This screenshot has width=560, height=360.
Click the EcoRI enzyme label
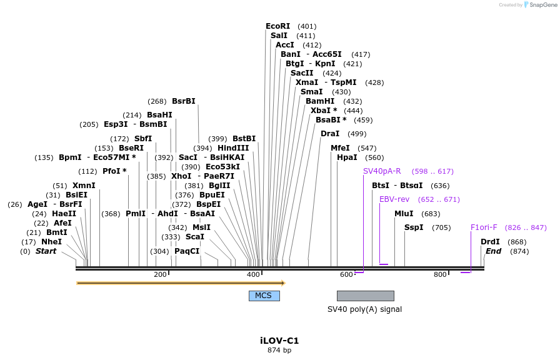coord(277,26)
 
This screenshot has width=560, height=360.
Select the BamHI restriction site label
coord(319,101)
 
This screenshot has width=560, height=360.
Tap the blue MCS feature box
coord(264,296)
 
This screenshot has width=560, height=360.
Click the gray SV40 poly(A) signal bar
coord(365,296)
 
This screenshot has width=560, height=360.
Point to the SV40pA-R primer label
coord(382,171)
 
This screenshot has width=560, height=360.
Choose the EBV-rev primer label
coord(394,199)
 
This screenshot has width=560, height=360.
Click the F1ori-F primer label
coord(484,227)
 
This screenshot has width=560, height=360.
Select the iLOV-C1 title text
coord(279,341)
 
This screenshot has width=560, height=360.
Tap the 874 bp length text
coord(279,351)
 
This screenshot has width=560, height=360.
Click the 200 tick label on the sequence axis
coord(160,275)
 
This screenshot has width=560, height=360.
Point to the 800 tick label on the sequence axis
coord(440,275)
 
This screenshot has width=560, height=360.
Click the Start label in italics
coord(46,251)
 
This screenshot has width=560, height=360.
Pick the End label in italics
coord(493,251)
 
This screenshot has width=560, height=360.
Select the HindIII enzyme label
coord(233,148)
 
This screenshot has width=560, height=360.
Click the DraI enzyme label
coord(329,134)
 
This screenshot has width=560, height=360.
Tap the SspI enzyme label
coord(413,227)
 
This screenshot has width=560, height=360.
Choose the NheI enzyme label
coord(51,242)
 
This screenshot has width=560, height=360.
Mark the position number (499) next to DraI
coord(357,134)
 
